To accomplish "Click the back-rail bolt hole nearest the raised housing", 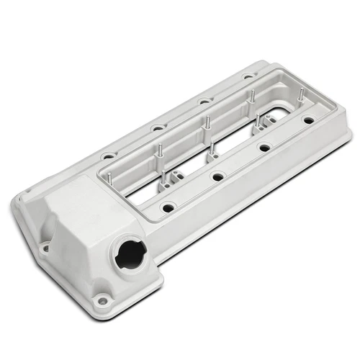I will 107,154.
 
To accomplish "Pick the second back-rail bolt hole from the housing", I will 156,127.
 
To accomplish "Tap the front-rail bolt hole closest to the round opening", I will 167,207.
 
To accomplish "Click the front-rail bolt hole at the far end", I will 309,121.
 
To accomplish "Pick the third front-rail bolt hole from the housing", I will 264,148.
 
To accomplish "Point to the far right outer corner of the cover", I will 350,135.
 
